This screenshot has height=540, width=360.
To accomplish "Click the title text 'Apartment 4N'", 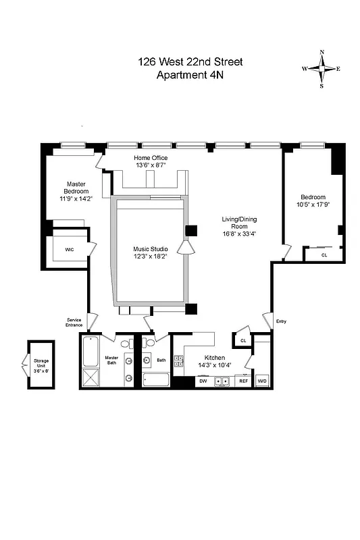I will click(189, 75).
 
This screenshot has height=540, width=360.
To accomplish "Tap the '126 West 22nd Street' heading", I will click(189, 62).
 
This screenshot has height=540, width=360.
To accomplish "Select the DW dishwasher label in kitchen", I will click(203, 381).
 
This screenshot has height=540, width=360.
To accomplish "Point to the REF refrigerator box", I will click(243, 381).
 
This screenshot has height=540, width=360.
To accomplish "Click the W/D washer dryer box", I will click(262, 381).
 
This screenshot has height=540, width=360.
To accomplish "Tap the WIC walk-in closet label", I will click(70, 250).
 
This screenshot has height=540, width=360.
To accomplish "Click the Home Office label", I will click(151, 158).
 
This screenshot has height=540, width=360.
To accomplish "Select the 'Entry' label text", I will click(281, 321).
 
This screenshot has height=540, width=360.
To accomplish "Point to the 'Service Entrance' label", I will click(74, 322).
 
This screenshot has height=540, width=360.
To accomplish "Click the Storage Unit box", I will click(41, 364).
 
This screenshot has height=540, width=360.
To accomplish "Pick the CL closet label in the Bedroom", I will click(324, 255).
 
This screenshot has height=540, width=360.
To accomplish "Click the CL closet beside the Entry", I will click(242, 341).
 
